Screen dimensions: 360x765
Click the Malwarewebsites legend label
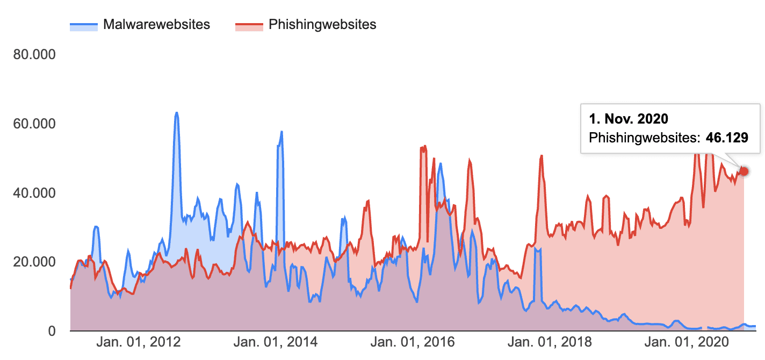(x=156, y=25)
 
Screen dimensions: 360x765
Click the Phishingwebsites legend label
(x=322, y=25)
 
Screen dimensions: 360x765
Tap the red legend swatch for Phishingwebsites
(x=249, y=25)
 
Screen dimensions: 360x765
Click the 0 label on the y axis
(x=52, y=331)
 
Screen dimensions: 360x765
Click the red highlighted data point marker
(x=744, y=171)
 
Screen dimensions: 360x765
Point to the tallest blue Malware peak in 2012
(x=176, y=113)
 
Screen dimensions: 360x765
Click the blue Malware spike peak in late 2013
(x=282, y=132)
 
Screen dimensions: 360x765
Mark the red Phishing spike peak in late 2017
(x=542, y=156)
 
